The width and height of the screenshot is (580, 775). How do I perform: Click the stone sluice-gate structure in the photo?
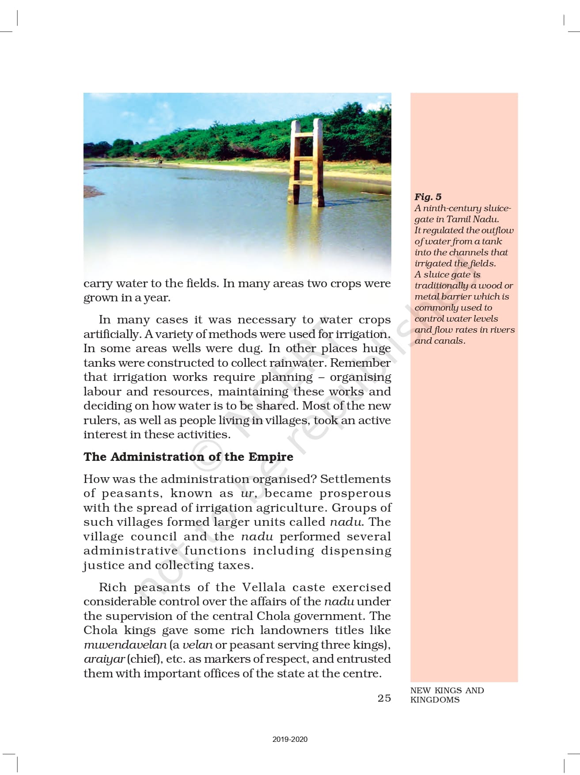pyautogui.click(x=306, y=161)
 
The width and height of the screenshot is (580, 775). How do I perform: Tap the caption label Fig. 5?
pyautogui.click(x=428, y=197)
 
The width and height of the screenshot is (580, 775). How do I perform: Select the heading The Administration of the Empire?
pyautogui.click(x=188, y=456)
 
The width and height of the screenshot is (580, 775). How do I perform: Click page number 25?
pyautogui.click(x=384, y=698)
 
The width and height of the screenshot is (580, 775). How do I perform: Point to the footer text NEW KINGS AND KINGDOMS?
pyautogui.click(x=447, y=695)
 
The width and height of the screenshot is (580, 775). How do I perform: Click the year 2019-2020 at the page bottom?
pyautogui.click(x=290, y=739)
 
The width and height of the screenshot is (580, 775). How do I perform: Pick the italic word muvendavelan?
pyautogui.click(x=125, y=645)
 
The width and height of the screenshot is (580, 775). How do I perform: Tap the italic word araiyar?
pyautogui.click(x=104, y=659)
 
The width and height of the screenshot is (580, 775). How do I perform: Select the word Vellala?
pyautogui.click(x=264, y=587)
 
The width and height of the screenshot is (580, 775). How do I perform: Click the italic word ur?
pyautogui.click(x=247, y=494)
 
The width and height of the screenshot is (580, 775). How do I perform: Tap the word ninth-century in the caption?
pyautogui.click(x=446, y=208)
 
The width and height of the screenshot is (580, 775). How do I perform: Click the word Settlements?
pyautogui.click(x=355, y=479)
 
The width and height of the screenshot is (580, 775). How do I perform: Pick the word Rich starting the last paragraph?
pyautogui.click(x=113, y=587)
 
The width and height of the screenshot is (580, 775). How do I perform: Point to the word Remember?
pyautogui.click(x=360, y=363)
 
